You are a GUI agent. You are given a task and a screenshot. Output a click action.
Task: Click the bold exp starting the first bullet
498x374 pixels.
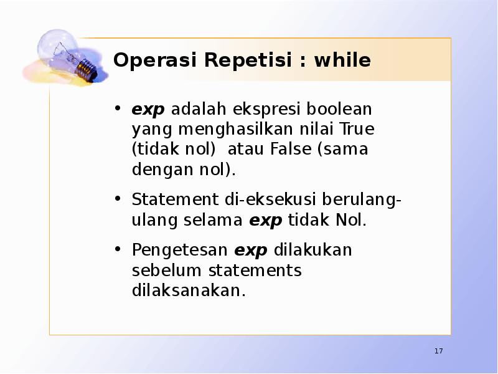click(148, 110)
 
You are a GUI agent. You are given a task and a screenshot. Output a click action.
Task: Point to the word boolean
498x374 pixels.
click(341, 109)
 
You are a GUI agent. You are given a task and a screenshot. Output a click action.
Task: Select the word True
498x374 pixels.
click(357, 129)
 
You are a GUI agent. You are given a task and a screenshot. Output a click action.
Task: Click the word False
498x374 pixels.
click(293, 150)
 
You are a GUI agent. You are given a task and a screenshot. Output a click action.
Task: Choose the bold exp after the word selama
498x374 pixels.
click(266, 221)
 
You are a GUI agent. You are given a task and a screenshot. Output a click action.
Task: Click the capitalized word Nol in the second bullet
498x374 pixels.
click(351, 220)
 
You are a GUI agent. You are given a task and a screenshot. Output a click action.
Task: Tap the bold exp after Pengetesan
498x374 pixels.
click(251, 251)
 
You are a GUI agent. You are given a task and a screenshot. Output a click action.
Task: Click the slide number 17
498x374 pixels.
click(438, 352)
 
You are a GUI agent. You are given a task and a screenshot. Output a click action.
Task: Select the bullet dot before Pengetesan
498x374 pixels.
click(118, 250)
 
